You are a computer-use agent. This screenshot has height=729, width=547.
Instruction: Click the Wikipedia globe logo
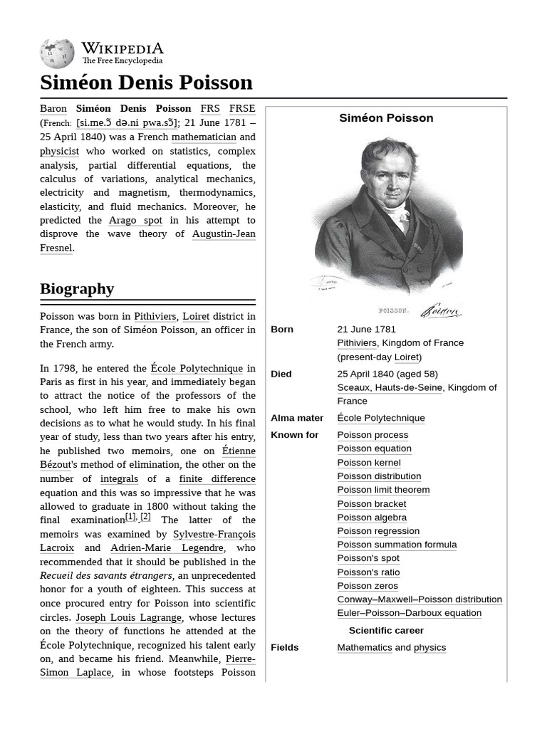(x=57, y=53)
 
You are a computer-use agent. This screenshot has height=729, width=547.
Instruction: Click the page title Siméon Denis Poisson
(x=146, y=83)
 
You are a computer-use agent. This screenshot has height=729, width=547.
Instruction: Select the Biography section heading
(x=77, y=288)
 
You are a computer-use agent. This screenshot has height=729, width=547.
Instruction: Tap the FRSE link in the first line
(x=242, y=109)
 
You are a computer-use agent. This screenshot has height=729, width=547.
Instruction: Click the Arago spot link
(x=135, y=220)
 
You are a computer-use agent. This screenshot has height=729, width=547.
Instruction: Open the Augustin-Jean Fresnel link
(x=224, y=234)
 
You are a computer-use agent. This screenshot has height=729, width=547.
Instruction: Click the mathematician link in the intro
(x=204, y=137)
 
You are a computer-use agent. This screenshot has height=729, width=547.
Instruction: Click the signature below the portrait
(x=440, y=310)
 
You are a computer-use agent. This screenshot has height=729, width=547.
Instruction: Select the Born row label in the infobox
(x=282, y=330)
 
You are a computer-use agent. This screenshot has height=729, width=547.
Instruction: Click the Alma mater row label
(x=297, y=418)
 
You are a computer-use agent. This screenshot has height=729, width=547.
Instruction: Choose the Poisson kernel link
(x=369, y=463)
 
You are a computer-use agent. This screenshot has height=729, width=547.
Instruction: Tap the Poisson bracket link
(x=372, y=504)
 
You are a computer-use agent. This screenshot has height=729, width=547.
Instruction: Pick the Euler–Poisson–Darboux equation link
(x=409, y=613)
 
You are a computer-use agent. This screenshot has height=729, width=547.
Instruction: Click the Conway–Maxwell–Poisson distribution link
(x=420, y=599)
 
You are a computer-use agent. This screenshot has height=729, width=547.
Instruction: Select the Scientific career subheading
(x=386, y=630)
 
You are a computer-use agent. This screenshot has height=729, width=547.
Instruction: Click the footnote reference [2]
(x=145, y=517)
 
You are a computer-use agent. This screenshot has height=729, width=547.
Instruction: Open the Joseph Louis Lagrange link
(x=129, y=617)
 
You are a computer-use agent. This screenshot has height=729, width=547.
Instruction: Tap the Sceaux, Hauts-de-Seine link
(x=390, y=387)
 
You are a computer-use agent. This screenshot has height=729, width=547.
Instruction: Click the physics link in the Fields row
(x=429, y=647)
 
